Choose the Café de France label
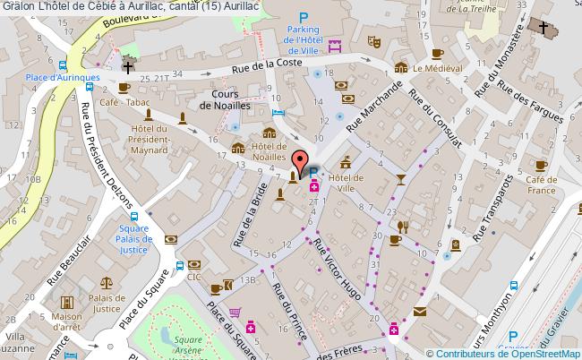pos(542,185)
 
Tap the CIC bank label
pos(193,277)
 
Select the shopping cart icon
pos(235,312)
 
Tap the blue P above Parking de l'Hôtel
pos(303,16)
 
